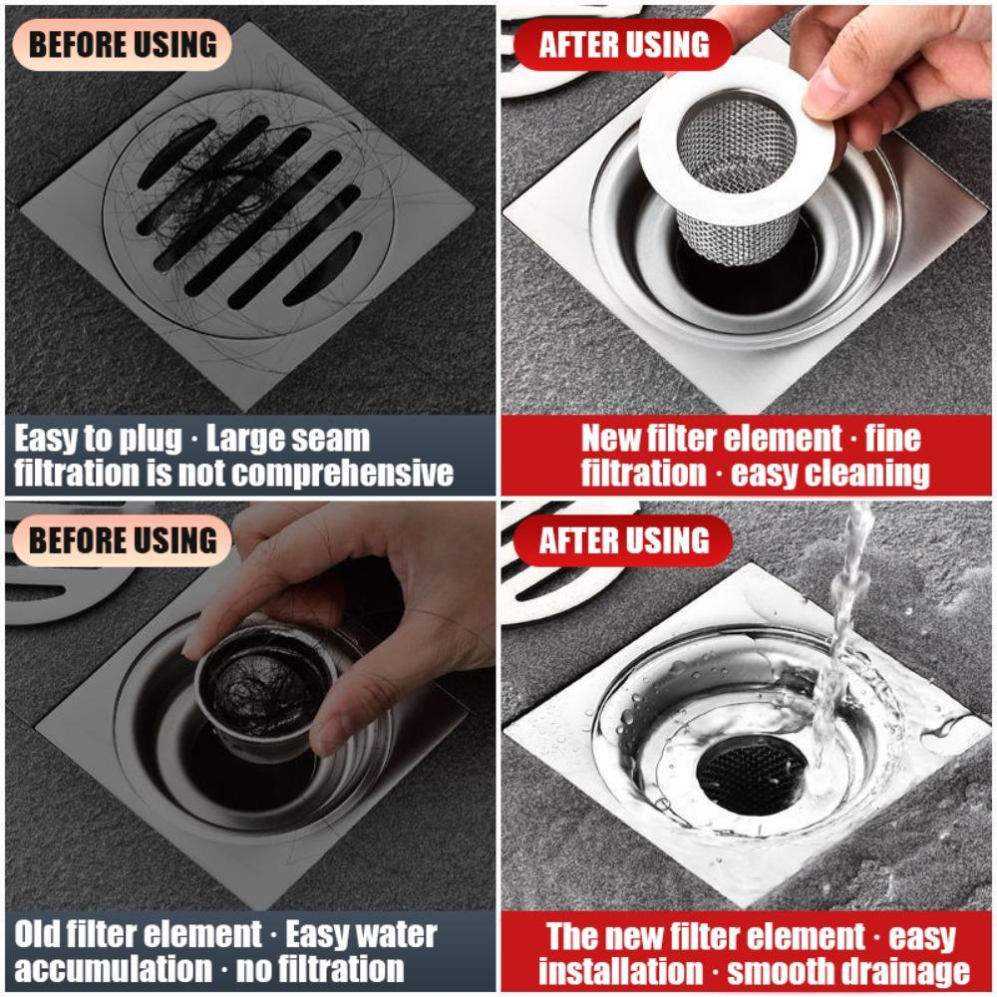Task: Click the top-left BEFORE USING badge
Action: coord(121,45)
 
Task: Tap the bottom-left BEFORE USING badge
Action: coord(121,540)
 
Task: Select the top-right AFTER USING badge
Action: coord(624,45)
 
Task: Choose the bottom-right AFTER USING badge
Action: coord(624,540)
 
